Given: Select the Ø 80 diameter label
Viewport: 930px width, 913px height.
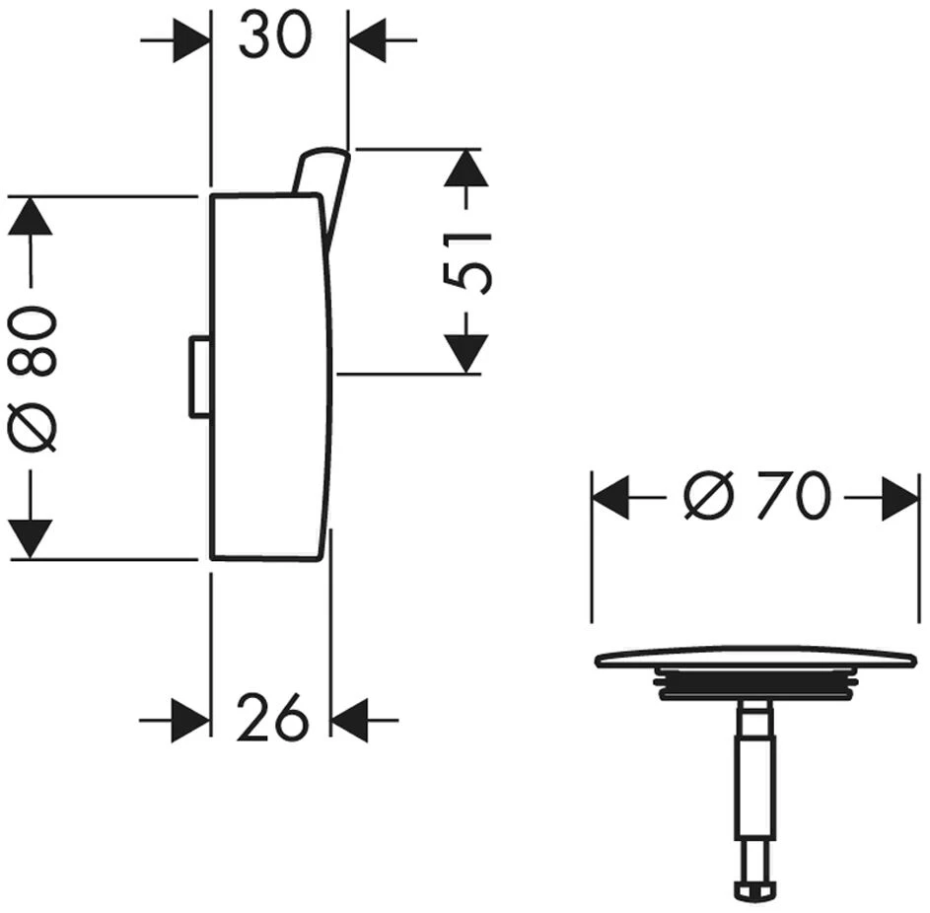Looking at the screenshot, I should coord(33,379).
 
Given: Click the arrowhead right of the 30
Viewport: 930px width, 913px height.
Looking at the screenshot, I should coord(368,41).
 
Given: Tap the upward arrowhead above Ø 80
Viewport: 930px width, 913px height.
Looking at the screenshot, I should coord(31,216).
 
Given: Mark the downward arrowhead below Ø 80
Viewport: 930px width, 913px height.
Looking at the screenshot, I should coord(31,538).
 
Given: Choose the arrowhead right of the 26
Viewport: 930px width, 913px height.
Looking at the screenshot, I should coord(350,720).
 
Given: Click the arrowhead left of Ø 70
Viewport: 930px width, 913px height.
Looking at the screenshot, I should coord(610,497).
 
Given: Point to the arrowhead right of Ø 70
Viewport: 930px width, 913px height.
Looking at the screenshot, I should coord(900,497).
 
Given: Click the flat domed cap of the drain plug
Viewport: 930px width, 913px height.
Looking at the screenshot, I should coord(755,658).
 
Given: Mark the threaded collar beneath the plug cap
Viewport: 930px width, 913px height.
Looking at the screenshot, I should coord(755,684).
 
